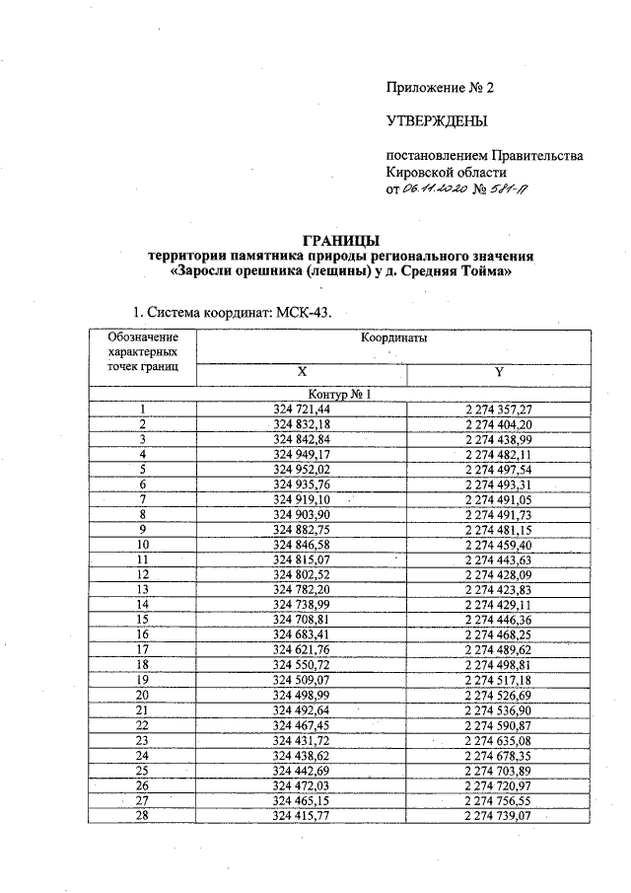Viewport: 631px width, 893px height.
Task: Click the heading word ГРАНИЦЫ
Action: point(339,241)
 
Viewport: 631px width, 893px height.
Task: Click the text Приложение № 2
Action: point(439,88)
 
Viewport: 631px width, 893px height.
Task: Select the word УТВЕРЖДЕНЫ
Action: point(437,121)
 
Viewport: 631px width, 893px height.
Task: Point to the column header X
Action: point(302,372)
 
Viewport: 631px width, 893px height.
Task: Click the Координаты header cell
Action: point(393,338)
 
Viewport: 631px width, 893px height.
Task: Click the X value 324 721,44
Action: point(302,409)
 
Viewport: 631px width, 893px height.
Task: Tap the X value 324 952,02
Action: point(302,469)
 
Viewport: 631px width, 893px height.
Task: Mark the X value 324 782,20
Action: point(302,589)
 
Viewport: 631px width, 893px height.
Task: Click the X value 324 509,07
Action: point(302,680)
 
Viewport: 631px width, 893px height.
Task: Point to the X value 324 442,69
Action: point(302,771)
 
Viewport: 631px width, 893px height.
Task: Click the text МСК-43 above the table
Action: point(304,312)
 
